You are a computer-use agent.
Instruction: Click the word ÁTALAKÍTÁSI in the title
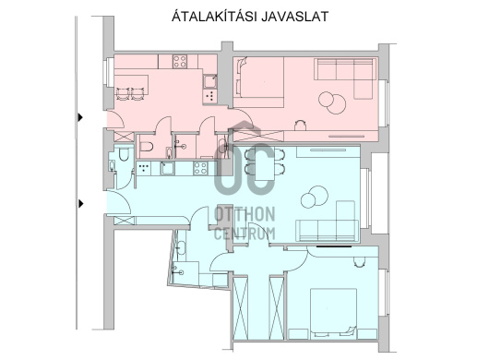215,17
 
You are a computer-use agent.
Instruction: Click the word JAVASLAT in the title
294,17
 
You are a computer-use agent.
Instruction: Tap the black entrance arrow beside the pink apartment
80,117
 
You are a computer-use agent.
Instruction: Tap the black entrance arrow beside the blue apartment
80,204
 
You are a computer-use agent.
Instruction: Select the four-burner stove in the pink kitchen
180,61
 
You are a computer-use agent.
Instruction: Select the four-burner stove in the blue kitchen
200,168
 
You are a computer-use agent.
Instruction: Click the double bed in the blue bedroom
333,313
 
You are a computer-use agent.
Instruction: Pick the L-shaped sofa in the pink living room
346,78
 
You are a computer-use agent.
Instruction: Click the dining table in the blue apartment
265,164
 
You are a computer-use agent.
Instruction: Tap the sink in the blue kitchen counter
168,168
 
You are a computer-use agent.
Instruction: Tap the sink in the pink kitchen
209,82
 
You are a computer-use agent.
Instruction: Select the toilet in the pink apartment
147,146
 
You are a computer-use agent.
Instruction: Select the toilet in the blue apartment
124,155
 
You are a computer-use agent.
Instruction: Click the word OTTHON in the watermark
244,214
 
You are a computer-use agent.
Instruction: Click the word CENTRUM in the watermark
244,234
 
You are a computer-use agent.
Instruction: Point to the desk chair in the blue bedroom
359,261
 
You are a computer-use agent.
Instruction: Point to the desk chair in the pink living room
301,126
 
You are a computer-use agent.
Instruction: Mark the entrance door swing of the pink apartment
116,119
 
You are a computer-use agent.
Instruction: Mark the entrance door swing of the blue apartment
119,202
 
